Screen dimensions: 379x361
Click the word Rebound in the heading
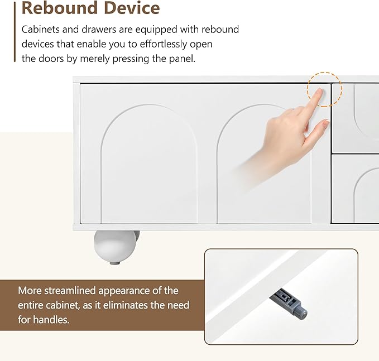(x=60, y=8)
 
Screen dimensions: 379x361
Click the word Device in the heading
(x=132, y=8)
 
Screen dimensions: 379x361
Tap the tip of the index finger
(x=320, y=90)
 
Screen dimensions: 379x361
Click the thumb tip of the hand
(x=326, y=123)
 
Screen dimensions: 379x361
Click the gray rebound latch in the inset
(x=289, y=302)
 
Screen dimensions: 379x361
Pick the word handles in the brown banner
(x=51, y=320)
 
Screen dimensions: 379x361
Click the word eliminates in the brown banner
(x=124, y=305)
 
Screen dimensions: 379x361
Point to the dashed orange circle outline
(x=324, y=72)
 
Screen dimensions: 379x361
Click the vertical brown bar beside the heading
(x=15, y=32)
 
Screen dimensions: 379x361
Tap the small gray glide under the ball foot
(x=114, y=263)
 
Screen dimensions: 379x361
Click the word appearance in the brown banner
(x=124, y=291)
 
